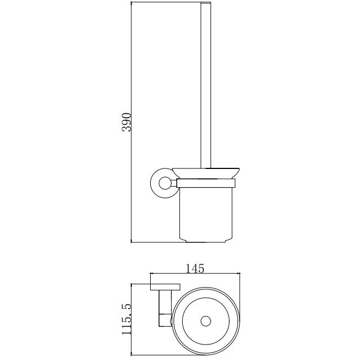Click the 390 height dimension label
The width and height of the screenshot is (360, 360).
(126, 122)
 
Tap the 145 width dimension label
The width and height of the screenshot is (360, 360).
(195, 268)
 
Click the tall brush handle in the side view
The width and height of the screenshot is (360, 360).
(206, 85)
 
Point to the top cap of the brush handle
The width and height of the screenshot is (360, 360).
(206, 3)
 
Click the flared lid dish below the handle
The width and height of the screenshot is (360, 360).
(206, 173)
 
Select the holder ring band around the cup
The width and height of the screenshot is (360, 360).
(206, 183)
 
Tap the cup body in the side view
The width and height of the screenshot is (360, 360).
(206, 214)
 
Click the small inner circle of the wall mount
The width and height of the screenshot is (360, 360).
(165, 183)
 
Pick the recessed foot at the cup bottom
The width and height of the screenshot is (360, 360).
(206, 241)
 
